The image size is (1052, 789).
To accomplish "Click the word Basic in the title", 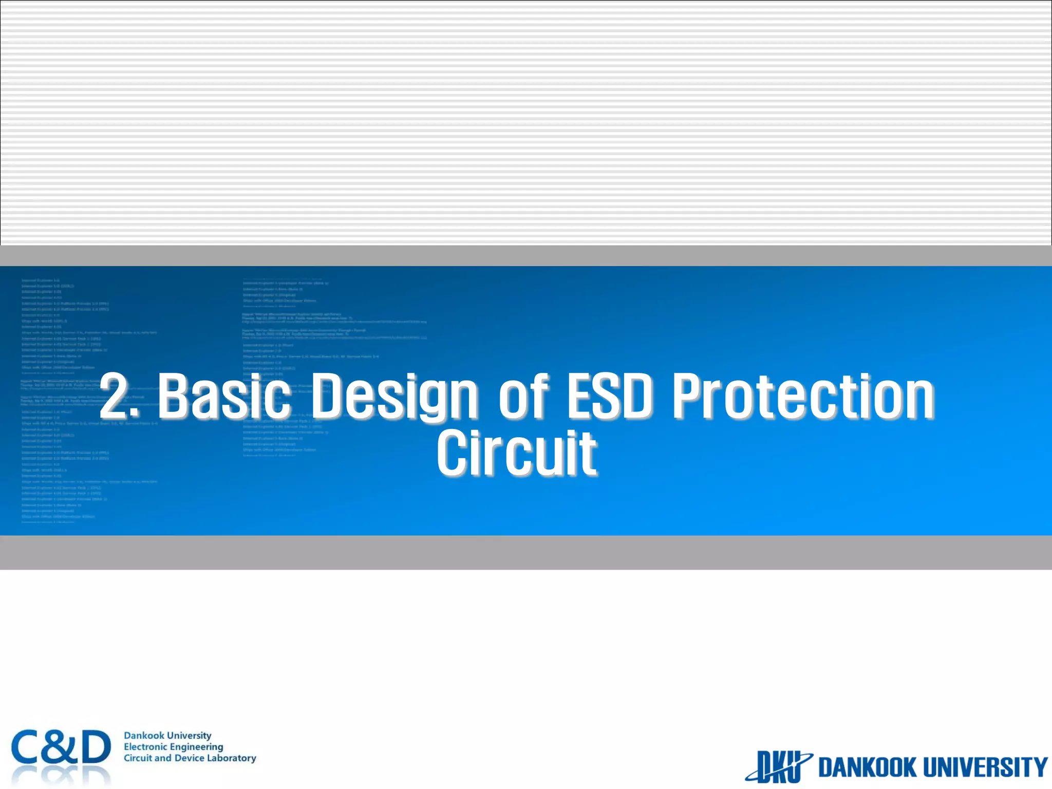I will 224,396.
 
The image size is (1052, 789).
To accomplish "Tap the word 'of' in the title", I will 523,396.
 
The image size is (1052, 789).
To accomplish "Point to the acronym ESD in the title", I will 609,396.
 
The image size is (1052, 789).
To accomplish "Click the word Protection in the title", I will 803,396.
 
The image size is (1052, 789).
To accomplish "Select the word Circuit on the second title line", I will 516,454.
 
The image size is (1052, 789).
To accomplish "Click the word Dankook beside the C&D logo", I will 144,736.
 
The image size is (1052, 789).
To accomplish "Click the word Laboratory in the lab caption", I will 231,758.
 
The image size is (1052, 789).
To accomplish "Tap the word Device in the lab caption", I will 189,758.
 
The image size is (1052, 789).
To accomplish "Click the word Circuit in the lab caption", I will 138,758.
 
